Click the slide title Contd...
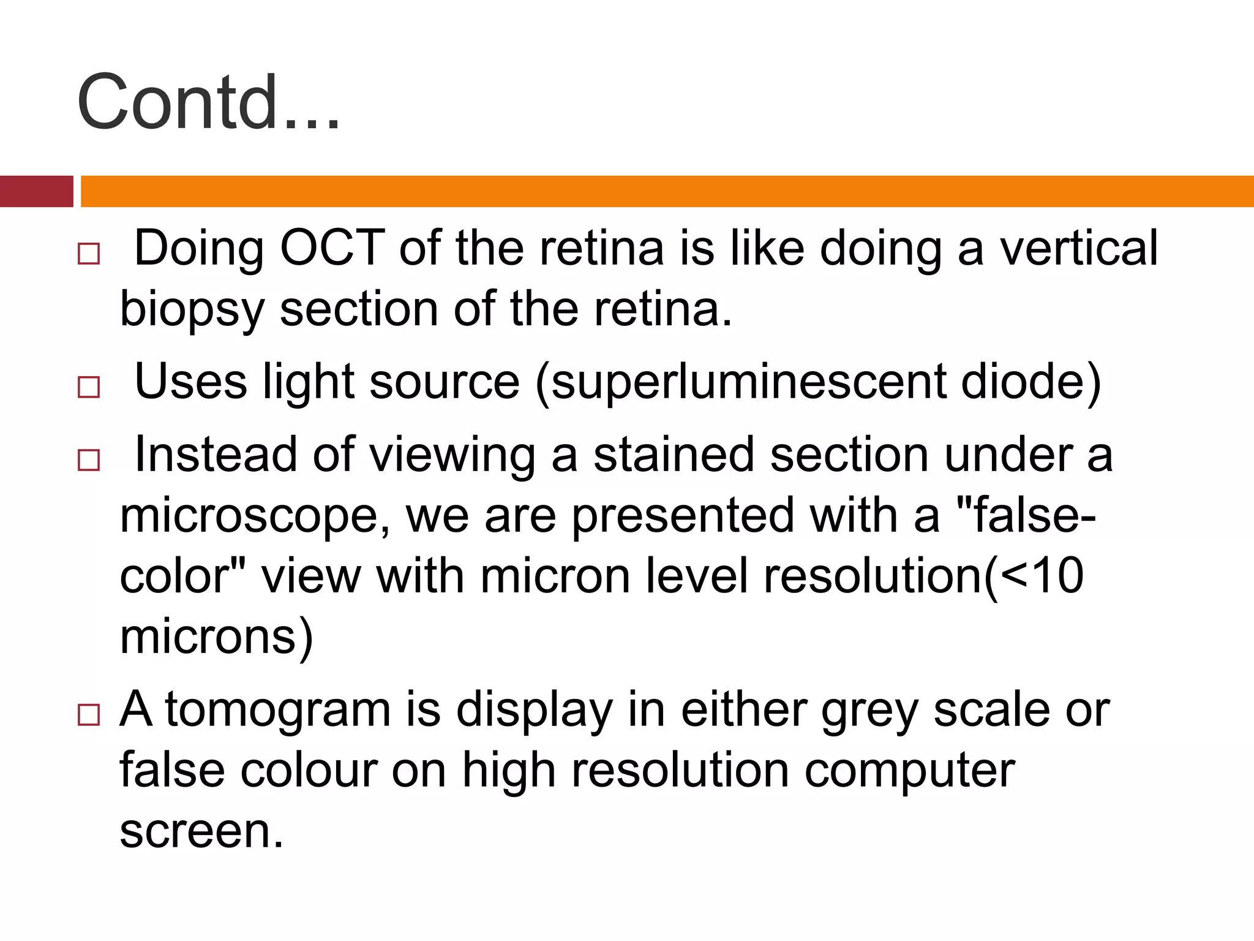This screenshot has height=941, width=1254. (208, 102)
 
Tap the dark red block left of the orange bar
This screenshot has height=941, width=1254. (36, 191)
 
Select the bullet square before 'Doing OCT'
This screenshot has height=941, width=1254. (89, 254)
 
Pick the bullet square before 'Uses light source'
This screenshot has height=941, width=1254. (89, 387)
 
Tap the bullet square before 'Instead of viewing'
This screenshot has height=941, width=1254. (89, 459)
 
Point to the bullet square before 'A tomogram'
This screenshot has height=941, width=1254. (89, 715)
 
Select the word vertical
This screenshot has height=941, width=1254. (1078, 248)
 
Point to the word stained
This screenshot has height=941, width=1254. (674, 455)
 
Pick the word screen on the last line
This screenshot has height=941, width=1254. (201, 831)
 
